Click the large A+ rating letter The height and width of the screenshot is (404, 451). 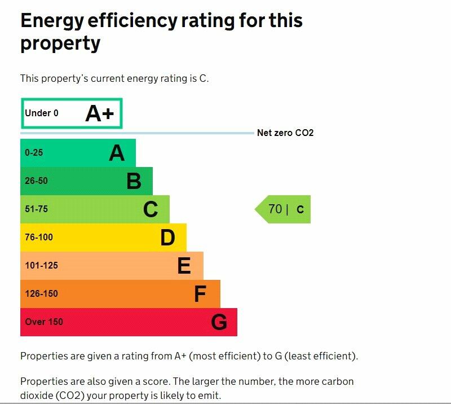coord(100,114)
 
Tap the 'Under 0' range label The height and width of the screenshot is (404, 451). coord(42,113)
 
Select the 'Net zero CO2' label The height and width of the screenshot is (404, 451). coord(285,133)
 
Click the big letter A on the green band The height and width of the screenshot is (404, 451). coord(117,153)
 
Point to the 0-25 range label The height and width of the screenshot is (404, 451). coord(34,153)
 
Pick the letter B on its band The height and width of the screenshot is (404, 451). coord(134,181)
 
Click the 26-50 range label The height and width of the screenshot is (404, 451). coord(36,181)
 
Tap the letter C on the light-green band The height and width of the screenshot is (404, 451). coord(151,209)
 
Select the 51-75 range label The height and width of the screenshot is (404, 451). coord(36,209)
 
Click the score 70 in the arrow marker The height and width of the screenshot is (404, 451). coord(275,209)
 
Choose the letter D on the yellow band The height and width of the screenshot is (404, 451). coord(167,238)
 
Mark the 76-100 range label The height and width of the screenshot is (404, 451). coord(39,238)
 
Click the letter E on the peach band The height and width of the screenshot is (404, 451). coord(184,266)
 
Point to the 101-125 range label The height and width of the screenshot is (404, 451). coord(41,266)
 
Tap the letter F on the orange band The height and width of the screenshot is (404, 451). coord(200,294)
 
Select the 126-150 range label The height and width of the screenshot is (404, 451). coord(41,294)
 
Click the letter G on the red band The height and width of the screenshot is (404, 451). coord(219,322)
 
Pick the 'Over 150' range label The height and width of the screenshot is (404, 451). coord(44,322)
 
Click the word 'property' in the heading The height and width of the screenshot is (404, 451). coord(60,43)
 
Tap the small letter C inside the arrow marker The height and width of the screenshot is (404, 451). coord(300,210)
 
